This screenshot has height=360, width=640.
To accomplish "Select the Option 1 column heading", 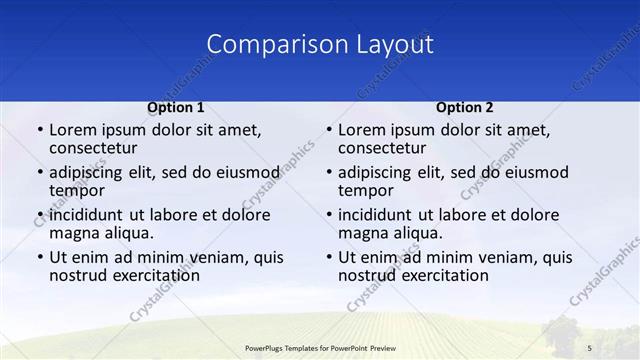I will [176, 107].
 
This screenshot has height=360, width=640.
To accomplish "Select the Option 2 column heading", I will [465, 107].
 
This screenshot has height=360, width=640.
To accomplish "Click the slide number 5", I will [590, 347].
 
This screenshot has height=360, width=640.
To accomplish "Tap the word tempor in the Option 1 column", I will [76, 191].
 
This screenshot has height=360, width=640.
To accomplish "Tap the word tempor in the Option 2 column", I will [365, 191].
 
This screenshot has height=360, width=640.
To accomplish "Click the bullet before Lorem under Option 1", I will [39, 130].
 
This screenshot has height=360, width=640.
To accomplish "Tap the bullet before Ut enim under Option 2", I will [328, 257].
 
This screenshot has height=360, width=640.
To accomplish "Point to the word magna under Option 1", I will [74, 233].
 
